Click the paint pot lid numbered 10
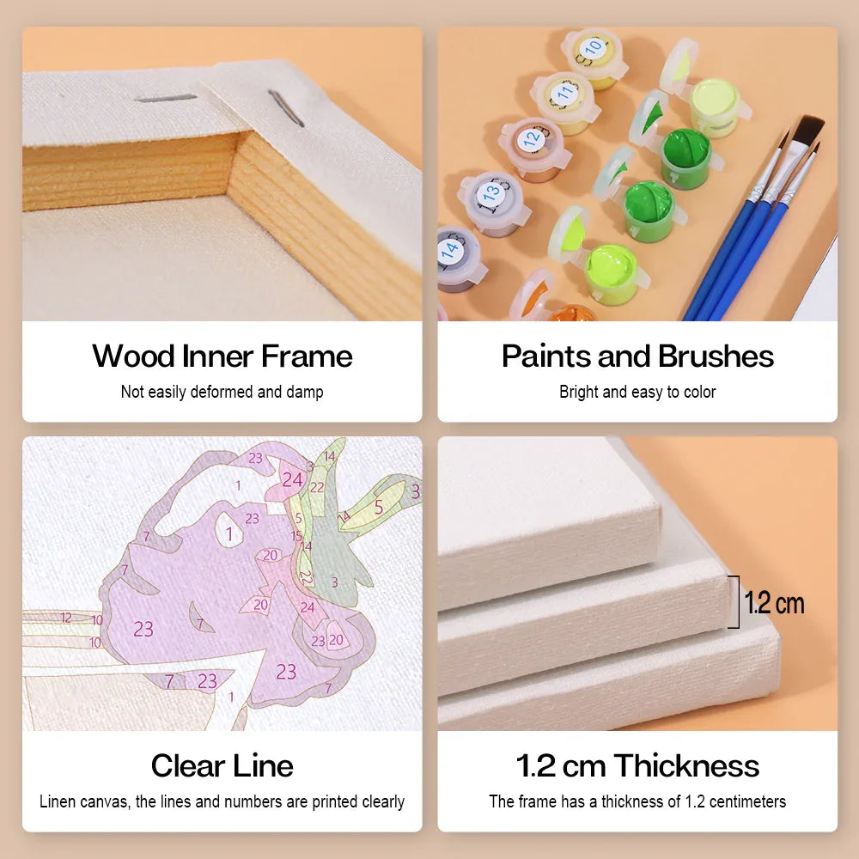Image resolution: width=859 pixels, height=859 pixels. tap(592, 49)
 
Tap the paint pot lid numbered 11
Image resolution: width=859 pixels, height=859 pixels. tap(564, 94)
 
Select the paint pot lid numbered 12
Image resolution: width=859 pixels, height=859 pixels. tap(532, 139)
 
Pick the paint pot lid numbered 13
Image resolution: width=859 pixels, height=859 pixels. tap(490, 192)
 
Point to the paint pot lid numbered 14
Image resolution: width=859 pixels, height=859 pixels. tap(450, 250)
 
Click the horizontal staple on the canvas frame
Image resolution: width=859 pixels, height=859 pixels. tap(166, 99)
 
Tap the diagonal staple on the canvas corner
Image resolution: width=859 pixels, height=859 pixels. tap(285, 108)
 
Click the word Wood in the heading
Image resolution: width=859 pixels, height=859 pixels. tap(133, 356)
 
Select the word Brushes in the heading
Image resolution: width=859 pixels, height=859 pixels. tap(716, 356)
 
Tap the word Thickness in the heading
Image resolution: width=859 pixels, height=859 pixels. tap(685, 765)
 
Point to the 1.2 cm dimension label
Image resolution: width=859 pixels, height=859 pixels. tap(774, 603)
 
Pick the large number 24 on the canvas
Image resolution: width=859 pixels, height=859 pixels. tap(292, 480)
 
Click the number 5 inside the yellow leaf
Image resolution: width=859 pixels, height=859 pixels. tap(379, 508)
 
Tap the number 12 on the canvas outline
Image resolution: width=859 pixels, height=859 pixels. tap(66, 618)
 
